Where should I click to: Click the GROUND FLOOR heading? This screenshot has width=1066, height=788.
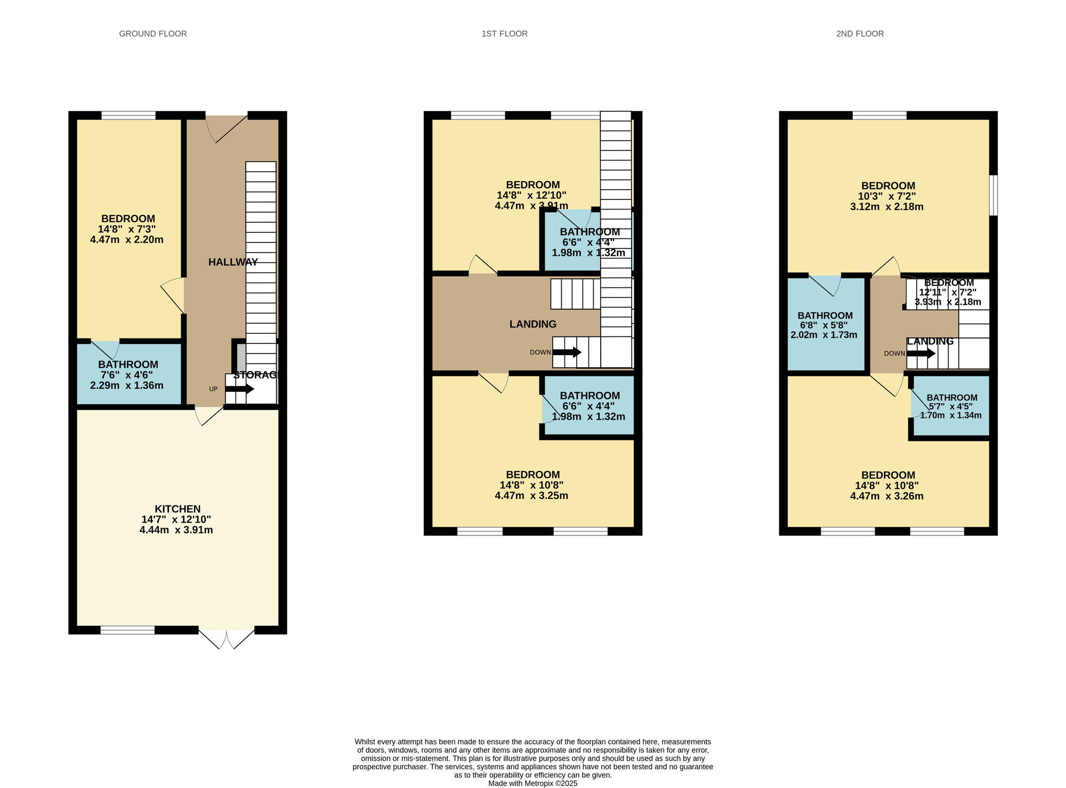point(153,34)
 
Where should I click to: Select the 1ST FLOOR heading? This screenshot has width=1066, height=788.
point(504,34)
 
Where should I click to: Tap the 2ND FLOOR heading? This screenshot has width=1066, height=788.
point(860,34)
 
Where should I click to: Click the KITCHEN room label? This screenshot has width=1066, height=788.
point(177,509)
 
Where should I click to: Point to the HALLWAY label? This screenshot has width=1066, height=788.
point(233,262)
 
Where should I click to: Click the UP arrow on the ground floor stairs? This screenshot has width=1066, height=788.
point(239,389)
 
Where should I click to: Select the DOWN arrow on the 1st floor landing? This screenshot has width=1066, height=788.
point(567,352)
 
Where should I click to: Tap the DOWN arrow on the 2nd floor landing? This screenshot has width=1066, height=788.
point(921,353)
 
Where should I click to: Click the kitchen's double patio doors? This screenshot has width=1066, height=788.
point(227,638)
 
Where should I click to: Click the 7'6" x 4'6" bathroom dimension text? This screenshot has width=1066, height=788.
point(128,375)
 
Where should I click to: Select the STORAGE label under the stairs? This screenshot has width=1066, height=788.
point(256,375)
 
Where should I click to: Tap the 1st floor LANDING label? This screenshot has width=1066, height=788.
point(532,324)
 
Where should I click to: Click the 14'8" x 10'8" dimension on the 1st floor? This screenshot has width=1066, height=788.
point(531,485)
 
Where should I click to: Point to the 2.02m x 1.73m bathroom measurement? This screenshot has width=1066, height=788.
point(824,335)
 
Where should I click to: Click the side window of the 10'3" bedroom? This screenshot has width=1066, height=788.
point(994,196)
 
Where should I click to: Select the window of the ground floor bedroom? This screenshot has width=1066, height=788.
point(128,115)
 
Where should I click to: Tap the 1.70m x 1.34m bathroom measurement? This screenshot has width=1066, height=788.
point(951,415)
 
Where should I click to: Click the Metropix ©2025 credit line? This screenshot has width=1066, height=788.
point(532,783)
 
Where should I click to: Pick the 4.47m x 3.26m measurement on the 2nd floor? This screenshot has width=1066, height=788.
point(887,496)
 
